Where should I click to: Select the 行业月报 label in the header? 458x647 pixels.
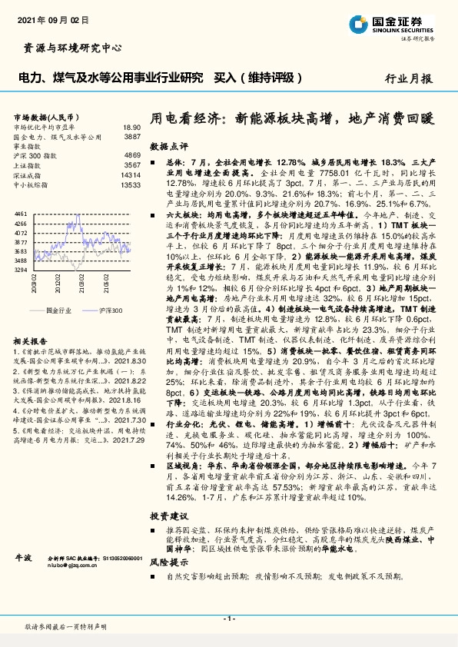click(409, 78)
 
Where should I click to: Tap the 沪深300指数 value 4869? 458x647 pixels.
click(132, 155)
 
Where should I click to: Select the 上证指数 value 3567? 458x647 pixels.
click(132, 165)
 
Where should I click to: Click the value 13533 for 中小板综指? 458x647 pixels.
click(130, 185)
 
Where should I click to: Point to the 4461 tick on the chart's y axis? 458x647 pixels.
click(22, 212)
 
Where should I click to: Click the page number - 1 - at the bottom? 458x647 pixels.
click(228, 618)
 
